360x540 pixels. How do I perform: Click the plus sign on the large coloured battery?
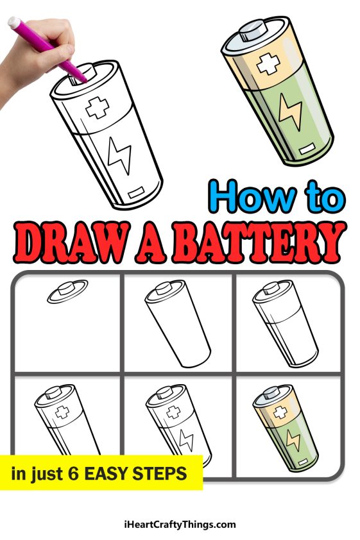point(266,65)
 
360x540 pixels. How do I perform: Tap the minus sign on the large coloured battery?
point(305,152)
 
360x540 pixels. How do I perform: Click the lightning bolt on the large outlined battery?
point(119,155)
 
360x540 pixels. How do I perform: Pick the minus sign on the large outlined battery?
point(137,192)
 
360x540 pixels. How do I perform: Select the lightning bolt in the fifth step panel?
point(187,441)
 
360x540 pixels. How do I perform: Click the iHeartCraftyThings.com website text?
point(180,525)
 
